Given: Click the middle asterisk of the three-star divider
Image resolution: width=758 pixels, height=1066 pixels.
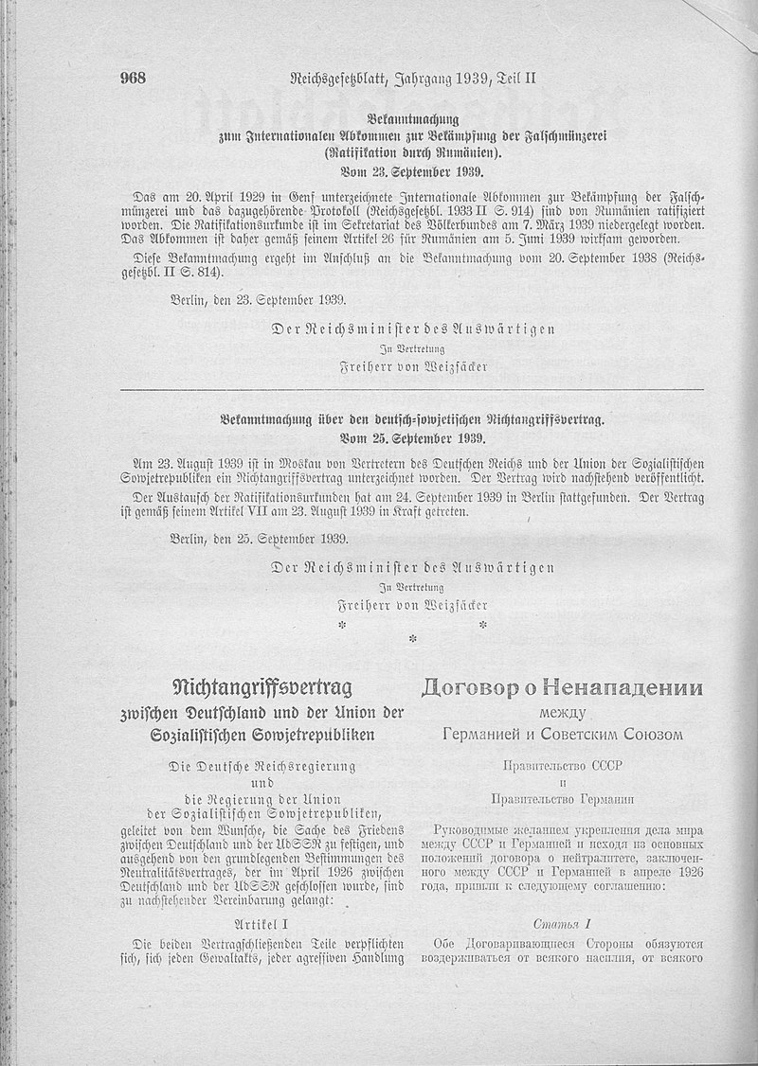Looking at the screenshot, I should click(x=412, y=639).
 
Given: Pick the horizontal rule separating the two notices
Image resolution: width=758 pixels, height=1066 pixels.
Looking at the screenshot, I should click(x=412, y=390).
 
